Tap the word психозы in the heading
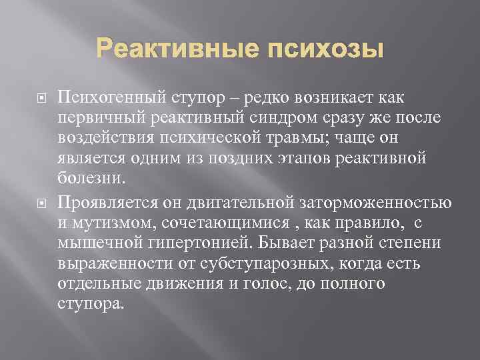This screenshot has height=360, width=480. [326, 50]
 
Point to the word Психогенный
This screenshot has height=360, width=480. [111, 98]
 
